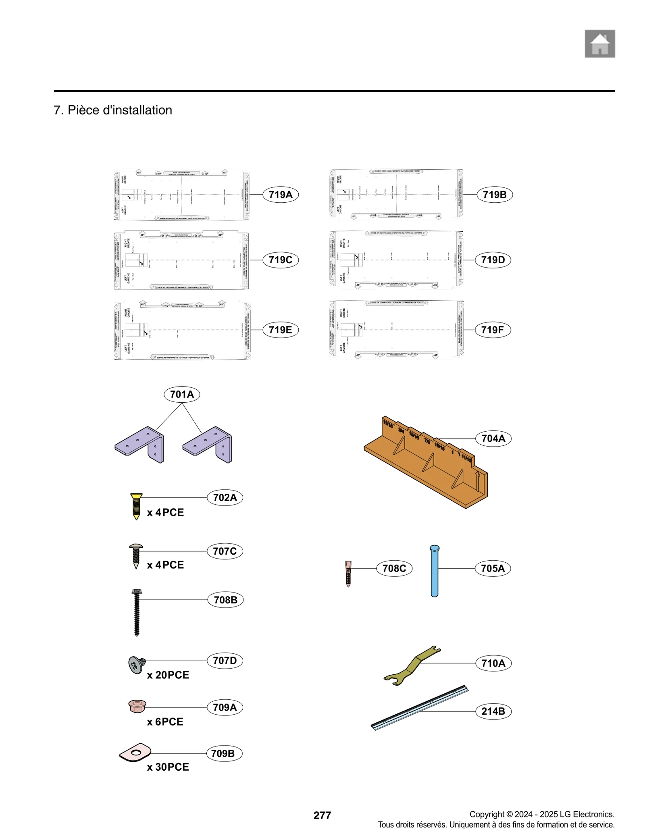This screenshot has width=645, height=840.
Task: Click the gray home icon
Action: (x=599, y=44)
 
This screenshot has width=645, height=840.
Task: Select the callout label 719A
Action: (x=280, y=195)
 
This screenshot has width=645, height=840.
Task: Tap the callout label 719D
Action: (x=493, y=260)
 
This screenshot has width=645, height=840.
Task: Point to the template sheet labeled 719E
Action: (x=182, y=330)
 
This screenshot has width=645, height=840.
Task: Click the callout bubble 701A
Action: (x=182, y=394)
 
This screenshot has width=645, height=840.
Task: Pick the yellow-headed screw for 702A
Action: (x=136, y=506)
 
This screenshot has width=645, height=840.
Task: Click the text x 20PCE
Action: (x=168, y=675)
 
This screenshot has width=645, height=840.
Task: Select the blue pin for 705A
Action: (x=434, y=571)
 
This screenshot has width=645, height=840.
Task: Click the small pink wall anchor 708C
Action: (x=348, y=573)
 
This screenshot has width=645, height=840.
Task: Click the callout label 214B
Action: (x=493, y=711)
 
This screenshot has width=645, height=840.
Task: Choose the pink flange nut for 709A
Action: (x=137, y=706)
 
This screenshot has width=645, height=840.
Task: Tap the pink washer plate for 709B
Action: (x=135, y=753)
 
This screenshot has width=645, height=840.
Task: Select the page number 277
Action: (x=322, y=815)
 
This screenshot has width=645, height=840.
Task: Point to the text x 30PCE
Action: (x=168, y=767)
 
